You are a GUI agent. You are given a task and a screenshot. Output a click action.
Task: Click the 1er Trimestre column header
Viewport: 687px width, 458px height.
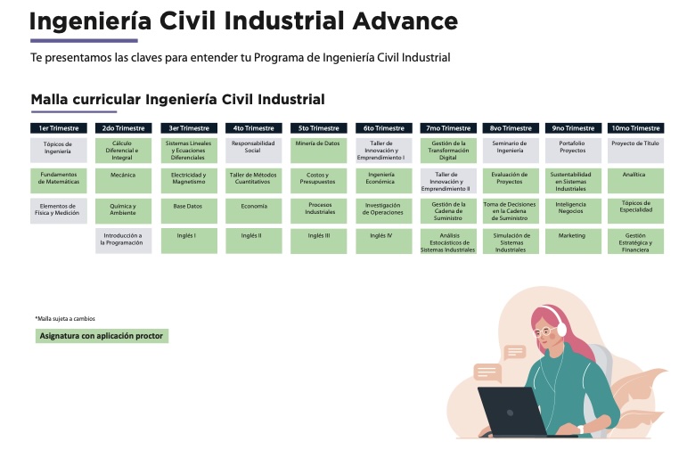coord(59,128)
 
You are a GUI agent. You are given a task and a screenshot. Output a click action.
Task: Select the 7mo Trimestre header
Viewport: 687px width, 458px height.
coord(448,128)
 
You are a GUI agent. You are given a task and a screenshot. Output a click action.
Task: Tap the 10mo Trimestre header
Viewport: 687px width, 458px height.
coord(635,128)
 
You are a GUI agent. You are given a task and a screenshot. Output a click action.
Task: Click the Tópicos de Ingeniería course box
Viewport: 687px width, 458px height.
coord(59,151)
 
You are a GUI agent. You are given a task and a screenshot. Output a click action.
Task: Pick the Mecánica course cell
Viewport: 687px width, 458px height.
coord(124,181)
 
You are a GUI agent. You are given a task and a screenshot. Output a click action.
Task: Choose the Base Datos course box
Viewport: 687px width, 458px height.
coord(189,211)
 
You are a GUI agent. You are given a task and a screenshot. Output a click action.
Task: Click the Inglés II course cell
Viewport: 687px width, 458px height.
coord(254,241)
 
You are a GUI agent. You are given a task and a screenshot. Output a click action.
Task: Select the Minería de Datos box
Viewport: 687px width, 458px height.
coord(318,151)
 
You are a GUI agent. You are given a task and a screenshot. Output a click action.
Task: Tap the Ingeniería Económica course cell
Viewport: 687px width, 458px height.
coord(384,181)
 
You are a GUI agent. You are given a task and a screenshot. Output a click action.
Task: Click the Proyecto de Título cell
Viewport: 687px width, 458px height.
coord(635,151)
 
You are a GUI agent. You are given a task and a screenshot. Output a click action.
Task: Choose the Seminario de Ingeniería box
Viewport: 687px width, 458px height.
coord(511,151)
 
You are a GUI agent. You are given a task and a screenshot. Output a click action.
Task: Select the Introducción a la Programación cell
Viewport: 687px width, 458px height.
coord(124,241)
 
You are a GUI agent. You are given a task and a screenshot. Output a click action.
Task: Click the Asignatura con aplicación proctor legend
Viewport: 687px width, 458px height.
coord(102,336)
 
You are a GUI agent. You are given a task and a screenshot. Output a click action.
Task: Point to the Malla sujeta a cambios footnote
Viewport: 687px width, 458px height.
coord(65,319)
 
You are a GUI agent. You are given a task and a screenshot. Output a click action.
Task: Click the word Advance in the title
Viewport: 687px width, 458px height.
coord(405,21)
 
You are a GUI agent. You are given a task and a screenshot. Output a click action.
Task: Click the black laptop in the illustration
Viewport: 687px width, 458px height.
coord(513,412)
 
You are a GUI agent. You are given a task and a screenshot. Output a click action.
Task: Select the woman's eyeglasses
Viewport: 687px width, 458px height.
coord(544,331)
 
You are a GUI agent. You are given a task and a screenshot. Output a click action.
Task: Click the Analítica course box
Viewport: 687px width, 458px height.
coord(635,181)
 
